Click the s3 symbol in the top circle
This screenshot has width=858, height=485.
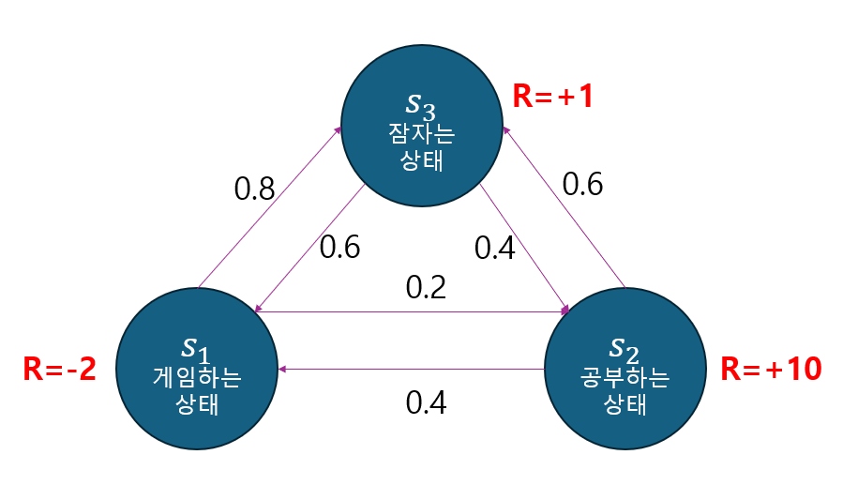(x=421, y=103)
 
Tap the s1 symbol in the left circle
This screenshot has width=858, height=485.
(x=195, y=351)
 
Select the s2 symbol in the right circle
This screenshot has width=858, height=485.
(x=625, y=349)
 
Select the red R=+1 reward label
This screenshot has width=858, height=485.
(x=554, y=96)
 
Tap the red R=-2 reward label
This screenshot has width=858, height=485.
(x=59, y=370)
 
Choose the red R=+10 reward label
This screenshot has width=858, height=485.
(x=771, y=369)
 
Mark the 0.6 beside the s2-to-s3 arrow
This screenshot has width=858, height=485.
(x=582, y=184)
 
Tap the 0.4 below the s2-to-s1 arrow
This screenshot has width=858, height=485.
(x=426, y=402)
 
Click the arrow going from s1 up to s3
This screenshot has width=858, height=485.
(x=269, y=205)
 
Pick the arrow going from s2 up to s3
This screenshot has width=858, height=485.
(x=564, y=206)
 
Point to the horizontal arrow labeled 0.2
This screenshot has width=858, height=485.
(x=413, y=311)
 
